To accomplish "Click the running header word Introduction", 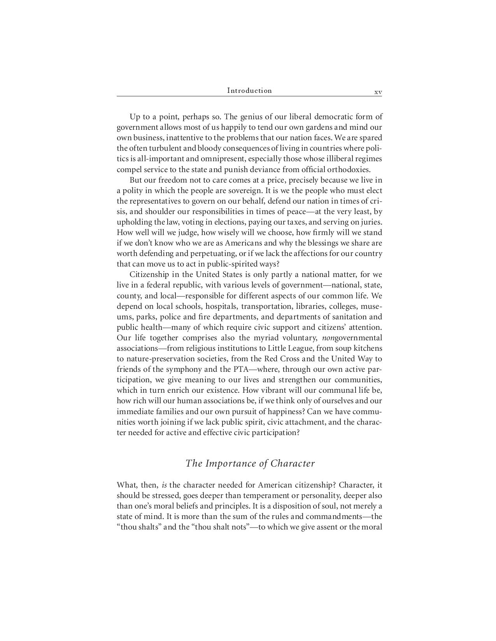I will [x=249, y=91].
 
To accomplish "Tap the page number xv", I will [x=378, y=92].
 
